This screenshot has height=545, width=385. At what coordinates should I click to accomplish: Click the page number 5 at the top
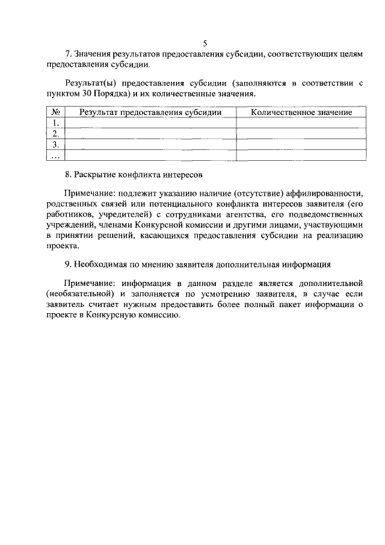click(205, 43)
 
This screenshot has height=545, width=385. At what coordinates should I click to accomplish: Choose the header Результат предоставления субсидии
click(150, 113)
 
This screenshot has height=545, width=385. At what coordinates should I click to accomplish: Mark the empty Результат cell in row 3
click(150, 145)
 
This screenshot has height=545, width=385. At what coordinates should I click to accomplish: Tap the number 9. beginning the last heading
click(69, 264)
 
